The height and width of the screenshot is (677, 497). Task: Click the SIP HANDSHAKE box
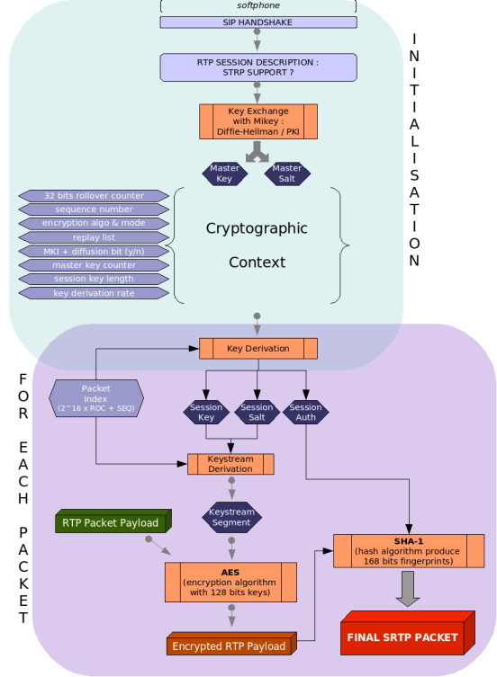click(x=258, y=22)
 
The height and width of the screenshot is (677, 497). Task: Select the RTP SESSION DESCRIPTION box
click(x=258, y=67)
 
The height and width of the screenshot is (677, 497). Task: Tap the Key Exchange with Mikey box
click(x=258, y=121)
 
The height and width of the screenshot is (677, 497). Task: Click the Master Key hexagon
click(x=224, y=174)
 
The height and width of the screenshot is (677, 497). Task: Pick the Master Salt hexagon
click(x=287, y=174)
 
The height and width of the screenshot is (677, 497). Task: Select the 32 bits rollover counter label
click(x=94, y=195)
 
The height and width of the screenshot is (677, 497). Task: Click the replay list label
click(x=94, y=237)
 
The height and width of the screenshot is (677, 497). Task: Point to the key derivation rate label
click(x=94, y=293)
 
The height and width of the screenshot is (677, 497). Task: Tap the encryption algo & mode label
click(x=94, y=223)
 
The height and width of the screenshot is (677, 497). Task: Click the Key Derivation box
click(x=258, y=348)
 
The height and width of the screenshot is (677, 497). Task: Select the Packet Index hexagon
click(x=95, y=398)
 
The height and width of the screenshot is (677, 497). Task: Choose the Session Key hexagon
click(x=206, y=413)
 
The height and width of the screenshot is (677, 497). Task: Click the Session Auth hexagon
click(x=306, y=413)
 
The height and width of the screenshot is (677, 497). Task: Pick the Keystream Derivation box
click(x=230, y=464)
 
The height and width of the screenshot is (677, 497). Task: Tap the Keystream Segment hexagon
click(x=231, y=517)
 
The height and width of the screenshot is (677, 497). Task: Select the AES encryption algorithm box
click(x=230, y=582)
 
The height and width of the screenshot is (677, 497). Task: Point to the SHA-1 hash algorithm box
click(x=410, y=550)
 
